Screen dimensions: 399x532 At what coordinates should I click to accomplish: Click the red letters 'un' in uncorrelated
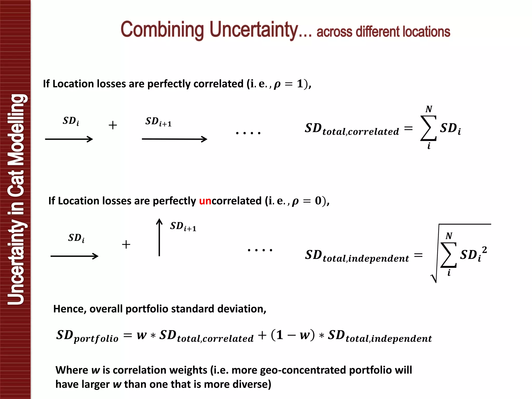pyautogui.click(x=205, y=201)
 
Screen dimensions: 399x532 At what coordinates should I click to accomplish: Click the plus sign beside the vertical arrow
pyautogui.click(x=126, y=244)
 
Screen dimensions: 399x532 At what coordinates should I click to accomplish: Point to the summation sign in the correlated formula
pyautogui.click(x=428, y=128)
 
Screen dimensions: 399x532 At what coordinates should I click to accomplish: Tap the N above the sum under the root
pyautogui.click(x=449, y=236)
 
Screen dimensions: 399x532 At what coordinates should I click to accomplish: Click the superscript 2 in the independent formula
pyautogui.click(x=484, y=250)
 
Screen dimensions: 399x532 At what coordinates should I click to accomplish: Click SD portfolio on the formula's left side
pyautogui.click(x=87, y=336)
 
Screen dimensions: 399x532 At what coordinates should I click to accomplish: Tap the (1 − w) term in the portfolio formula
pyautogui.click(x=292, y=335)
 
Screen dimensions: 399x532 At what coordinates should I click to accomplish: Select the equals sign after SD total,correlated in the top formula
pyautogui.click(x=408, y=128)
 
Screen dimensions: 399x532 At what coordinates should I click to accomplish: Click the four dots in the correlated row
pyautogui.click(x=248, y=133)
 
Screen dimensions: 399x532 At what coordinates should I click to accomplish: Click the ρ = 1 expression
pyautogui.click(x=289, y=84)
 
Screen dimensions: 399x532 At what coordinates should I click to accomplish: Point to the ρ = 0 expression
pyautogui.click(x=307, y=201)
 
